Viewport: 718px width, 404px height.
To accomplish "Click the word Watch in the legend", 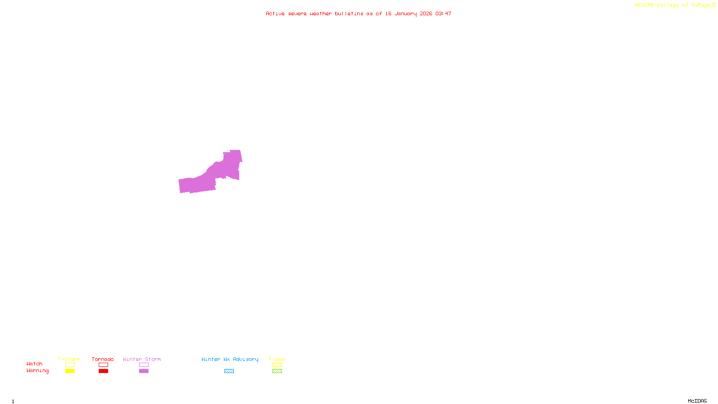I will pyautogui.click(x=35, y=364).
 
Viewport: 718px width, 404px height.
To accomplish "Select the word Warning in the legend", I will pyautogui.click(x=38, y=371).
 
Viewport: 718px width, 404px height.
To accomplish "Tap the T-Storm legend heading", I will pyautogui.click(x=69, y=359).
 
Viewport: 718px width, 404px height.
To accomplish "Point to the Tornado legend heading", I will pyautogui.click(x=103, y=359).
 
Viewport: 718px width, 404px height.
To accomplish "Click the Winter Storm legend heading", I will pyautogui.click(x=142, y=359).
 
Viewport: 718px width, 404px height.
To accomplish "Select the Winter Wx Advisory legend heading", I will pyautogui.click(x=230, y=359).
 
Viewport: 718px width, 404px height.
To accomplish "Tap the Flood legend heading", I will pyautogui.click(x=277, y=359).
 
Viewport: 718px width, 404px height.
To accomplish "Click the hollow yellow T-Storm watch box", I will pyautogui.click(x=70, y=365).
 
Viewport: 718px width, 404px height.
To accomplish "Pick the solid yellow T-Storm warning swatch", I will pyautogui.click(x=70, y=371).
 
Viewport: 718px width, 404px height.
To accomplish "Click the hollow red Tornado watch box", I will pyautogui.click(x=103, y=365).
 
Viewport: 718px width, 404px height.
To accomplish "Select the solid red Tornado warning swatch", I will pyautogui.click(x=103, y=371).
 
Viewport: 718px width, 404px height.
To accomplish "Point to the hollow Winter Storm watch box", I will pyautogui.click(x=144, y=365).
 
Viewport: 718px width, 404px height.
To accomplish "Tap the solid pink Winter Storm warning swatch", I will pyautogui.click(x=144, y=371).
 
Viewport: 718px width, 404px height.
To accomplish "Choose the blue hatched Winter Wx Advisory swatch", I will pyautogui.click(x=229, y=371).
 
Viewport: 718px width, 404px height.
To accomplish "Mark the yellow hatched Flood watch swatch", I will pyautogui.click(x=277, y=365).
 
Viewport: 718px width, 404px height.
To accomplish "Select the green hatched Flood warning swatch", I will pyautogui.click(x=277, y=371).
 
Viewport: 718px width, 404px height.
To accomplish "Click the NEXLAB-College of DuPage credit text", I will pyautogui.click(x=673, y=5).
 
